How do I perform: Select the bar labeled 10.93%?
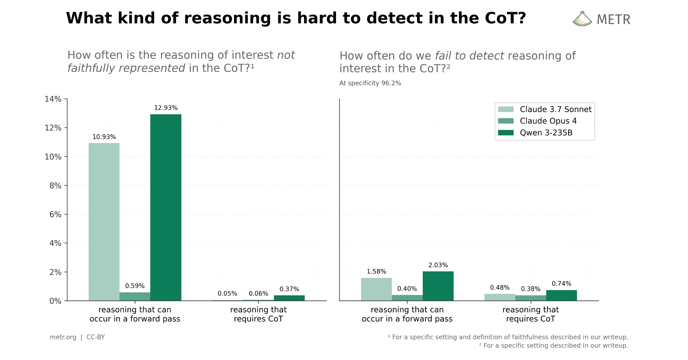tap(104, 222)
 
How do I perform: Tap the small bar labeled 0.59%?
tap(135, 297)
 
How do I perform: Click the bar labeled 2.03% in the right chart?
tap(438, 286)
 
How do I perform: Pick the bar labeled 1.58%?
tap(376, 289)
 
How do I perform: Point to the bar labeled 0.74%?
tap(561, 295)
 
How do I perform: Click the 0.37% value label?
tap(289, 289)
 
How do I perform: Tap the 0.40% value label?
tap(407, 289)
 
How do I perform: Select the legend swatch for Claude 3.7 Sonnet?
tap(506, 109)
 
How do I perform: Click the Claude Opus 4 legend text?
tap(548, 121)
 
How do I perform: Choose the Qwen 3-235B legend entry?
tap(546, 133)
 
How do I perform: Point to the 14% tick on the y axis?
tap(53, 99)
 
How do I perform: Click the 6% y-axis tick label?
tap(55, 214)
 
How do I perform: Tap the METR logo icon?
tap(582, 19)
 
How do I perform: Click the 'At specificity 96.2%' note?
tap(370, 83)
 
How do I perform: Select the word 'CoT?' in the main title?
tap(505, 18)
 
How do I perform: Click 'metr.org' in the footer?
tap(63, 337)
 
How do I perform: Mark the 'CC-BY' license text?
tap(96, 337)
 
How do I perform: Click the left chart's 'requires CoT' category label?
tap(258, 314)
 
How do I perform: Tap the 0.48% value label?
tap(500, 287)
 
